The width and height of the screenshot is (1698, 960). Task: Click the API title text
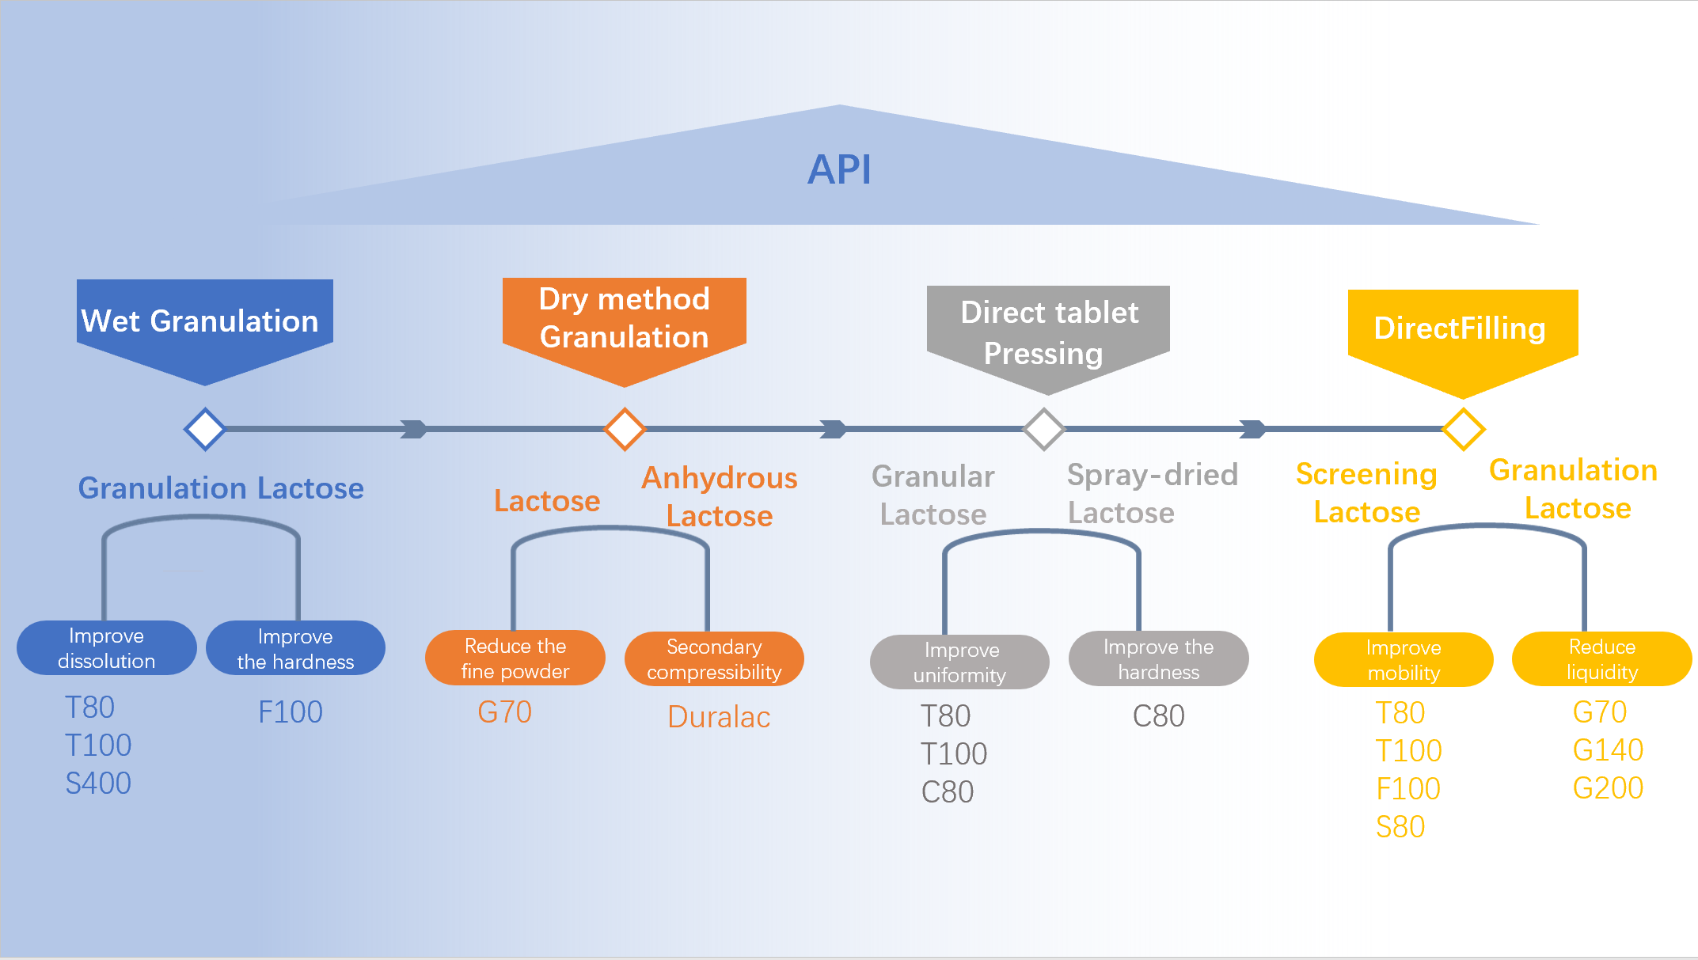839,169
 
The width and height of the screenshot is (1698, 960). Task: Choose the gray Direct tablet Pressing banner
1048,332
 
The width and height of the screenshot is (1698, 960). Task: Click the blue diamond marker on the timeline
205,429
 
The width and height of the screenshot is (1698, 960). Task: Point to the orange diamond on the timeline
625,429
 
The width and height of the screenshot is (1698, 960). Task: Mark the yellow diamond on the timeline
1463,429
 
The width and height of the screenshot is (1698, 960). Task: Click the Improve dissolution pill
106,648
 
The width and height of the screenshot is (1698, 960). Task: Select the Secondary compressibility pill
714,659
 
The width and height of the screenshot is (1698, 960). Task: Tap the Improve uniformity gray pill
959,662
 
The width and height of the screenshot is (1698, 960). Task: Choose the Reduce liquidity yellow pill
1601,659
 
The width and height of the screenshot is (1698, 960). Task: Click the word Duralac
719,717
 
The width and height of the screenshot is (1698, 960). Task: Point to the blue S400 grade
98,784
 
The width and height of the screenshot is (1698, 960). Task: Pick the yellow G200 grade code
1608,788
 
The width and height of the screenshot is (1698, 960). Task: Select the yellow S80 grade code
1400,827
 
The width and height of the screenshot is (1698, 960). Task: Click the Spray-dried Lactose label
1152,494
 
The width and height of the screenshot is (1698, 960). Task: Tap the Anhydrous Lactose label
719,496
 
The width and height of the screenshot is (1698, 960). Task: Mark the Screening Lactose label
1366,493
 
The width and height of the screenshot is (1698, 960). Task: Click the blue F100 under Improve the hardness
291,712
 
